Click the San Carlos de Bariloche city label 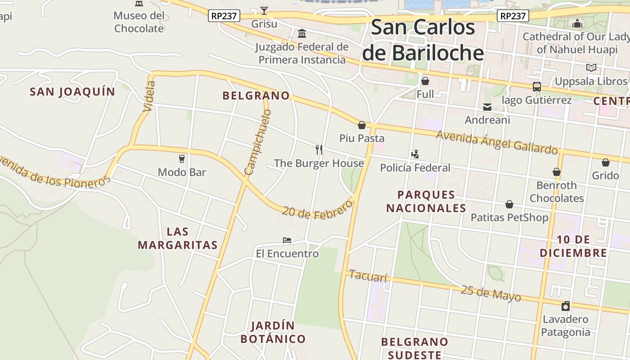tap(423, 40)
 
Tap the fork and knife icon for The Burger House tap(319, 149)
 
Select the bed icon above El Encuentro tap(287, 240)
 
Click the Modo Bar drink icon tap(182, 158)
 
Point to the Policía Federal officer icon tap(415, 154)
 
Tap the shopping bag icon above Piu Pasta tap(361, 125)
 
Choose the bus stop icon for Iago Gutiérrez tap(536, 87)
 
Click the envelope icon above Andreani tap(487, 107)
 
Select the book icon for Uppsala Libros tap(591, 68)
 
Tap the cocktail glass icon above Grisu tap(264, 10)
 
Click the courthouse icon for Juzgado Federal tap(302, 34)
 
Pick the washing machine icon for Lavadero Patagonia tap(566, 306)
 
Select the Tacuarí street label tap(368, 276)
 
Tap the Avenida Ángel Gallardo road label tap(496, 142)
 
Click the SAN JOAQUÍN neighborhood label tap(72, 92)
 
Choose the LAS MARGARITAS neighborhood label tap(178, 238)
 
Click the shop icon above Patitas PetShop tap(509, 205)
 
